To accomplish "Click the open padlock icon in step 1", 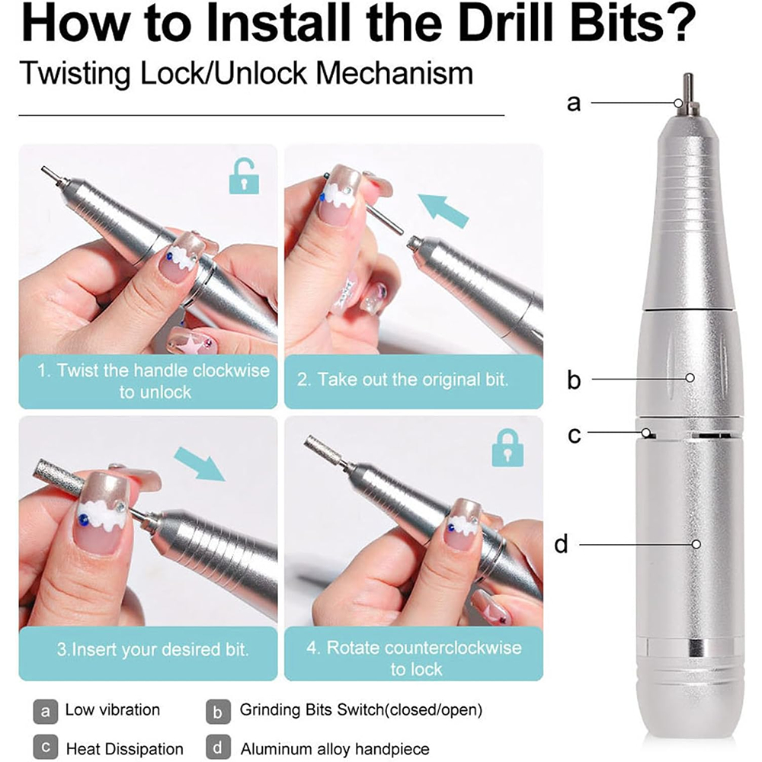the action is click(x=244, y=176).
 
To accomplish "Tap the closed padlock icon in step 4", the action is click(x=507, y=448).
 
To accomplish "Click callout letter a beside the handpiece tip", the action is click(x=574, y=104).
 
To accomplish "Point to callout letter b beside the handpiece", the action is click(x=574, y=379).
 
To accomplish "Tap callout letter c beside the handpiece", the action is click(x=574, y=435).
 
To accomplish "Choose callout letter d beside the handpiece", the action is click(x=562, y=544).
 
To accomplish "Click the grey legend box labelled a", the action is click(x=45, y=712).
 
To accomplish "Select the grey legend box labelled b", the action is click(x=218, y=712).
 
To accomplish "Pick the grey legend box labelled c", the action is click(x=45, y=747).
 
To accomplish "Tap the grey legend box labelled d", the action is click(x=218, y=747).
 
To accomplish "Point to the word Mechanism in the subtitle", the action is click(x=395, y=73).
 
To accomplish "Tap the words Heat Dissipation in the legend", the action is click(x=125, y=749).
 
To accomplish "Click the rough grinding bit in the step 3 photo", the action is click(x=59, y=475).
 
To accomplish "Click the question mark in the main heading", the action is click(x=680, y=24).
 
